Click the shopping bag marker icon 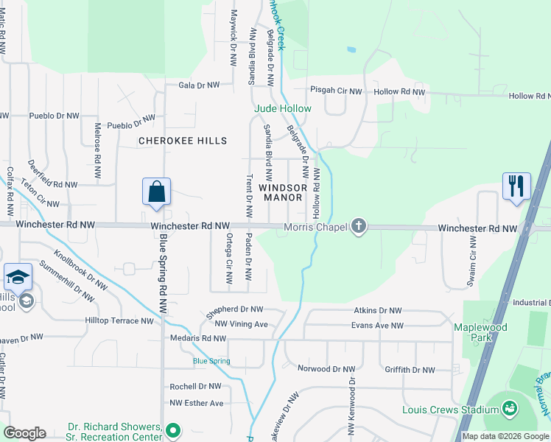[x=156, y=192]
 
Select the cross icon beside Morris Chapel [x=359, y=225]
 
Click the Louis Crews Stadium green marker [x=509, y=407]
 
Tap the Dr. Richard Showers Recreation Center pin [x=173, y=429]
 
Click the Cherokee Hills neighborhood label [x=183, y=140]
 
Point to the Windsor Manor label [x=281, y=192]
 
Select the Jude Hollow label [x=283, y=108]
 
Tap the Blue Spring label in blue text [x=211, y=361]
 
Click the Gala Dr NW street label [x=199, y=85]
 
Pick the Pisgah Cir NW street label [x=336, y=92]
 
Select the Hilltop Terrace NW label [x=119, y=320]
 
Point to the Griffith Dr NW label [x=410, y=370]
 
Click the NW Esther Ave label [x=196, y=403]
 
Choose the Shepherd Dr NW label [x=235, y=309]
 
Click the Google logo [x=24, y=433]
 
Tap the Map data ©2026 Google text [x=505, y=436]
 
